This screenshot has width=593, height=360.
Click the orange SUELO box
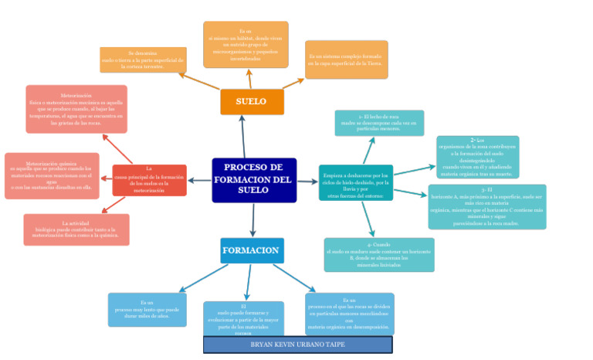[x=252, y=102]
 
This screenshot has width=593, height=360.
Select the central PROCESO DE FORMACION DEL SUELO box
[x=254, y=179]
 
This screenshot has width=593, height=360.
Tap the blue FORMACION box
[x=252, y=250]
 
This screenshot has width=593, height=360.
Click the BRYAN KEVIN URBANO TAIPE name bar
[x=297, y=345]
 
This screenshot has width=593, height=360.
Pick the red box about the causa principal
[x=149, y=179]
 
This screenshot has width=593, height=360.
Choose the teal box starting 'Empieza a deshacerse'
[x=355, y=183]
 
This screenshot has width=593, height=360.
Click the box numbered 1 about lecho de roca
[x=379, y=123]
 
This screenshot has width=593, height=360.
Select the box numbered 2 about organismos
[x=477, y=157]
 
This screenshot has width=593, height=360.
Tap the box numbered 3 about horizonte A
[x=486, y=206]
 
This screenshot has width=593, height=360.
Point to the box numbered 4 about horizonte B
[x=379, y=254]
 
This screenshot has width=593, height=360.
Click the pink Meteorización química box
[x=53, y=175]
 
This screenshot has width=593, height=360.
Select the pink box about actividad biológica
[x=76, y=229]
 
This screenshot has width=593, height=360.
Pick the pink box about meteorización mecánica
[x=76, y=109]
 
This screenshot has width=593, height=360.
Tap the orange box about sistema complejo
[x=346, y=59]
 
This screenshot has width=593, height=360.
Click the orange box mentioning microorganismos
[x=246, y=45]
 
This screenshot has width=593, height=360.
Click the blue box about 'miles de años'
[x=147, y=309]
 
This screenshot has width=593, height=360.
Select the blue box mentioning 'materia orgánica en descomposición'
[x=349, y=313]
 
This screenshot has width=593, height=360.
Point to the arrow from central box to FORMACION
[x=253, y=219]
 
